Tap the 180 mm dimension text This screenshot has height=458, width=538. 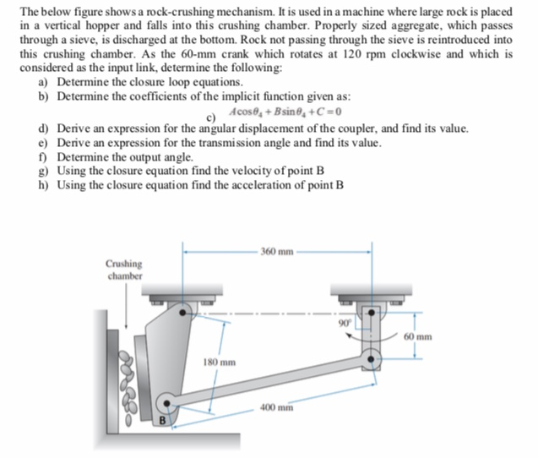pyautogui.click(x=219, y=362)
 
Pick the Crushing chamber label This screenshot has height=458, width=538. pyautogui.click(x=125, y=270)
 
